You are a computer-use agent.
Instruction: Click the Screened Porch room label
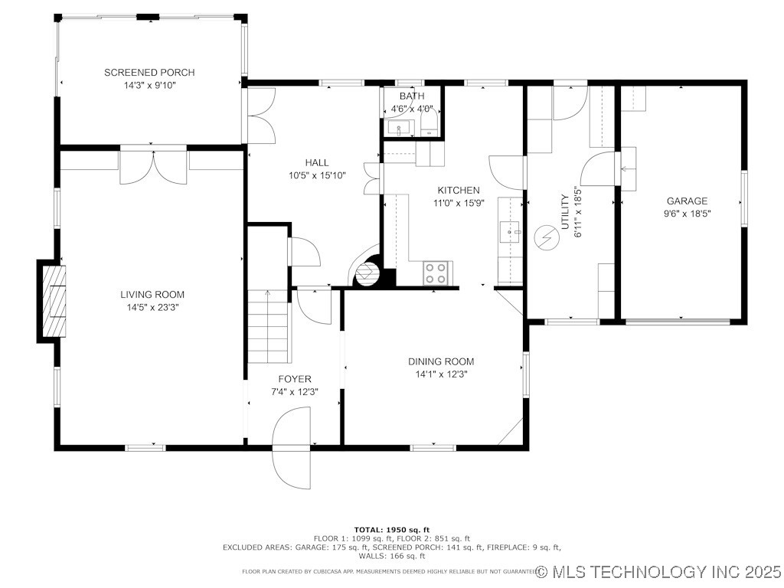coord(149,73)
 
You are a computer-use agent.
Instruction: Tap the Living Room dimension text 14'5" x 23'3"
coord(152,307)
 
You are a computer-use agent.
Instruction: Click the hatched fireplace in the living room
coord(54,301)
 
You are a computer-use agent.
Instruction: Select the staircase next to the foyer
coord(268,326)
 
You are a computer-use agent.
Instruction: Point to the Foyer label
coord(294,379)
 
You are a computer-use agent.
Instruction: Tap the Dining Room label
coord(440,361)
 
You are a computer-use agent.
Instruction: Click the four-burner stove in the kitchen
coord(436,273)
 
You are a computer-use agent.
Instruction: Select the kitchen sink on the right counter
coord(510,230)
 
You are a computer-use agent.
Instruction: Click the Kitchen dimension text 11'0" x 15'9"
coord(458,203)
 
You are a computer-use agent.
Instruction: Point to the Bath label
coord(411,96)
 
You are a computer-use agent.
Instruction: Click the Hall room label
coord(316,162)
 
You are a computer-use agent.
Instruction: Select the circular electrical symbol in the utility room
coord(546,238)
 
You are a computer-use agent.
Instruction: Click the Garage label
coord(687,201)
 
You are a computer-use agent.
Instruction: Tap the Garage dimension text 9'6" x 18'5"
coord(687,214)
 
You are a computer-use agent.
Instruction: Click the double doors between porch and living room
coord(153,166)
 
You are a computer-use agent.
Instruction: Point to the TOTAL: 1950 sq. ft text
coord(391,530)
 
